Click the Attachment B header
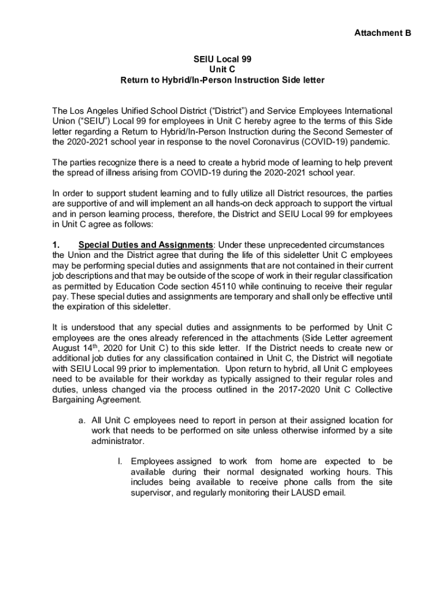[382, 33]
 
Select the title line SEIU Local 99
[222, 59]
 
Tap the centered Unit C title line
[222, 69]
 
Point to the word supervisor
[153, 493]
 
